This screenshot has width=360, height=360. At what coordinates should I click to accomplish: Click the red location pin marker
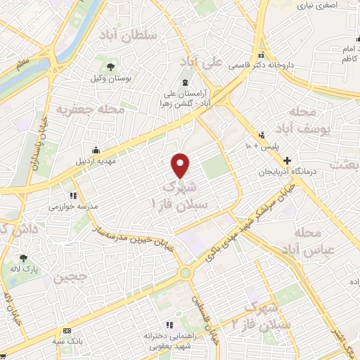[x=181, y=165]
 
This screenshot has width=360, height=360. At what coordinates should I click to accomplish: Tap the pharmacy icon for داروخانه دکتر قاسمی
[x=261, y=56]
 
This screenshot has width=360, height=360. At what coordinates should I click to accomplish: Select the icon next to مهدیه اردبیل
[x=96, y=150]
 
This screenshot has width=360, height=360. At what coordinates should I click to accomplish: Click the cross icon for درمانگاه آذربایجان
[x=305, y=160]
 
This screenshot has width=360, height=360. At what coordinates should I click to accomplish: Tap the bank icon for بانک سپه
[x=67, y=330]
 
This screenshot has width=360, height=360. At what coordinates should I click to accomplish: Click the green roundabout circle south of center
[x=186, y=273]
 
